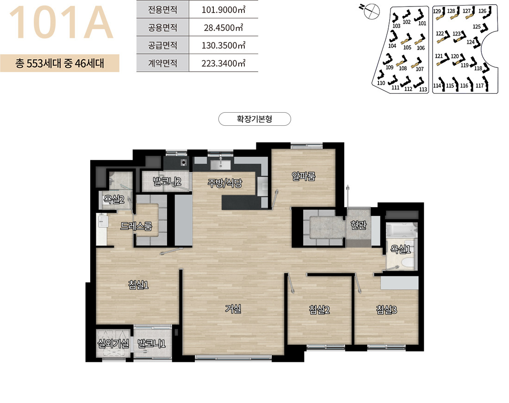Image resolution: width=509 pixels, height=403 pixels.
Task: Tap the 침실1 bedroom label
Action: pos(138,285)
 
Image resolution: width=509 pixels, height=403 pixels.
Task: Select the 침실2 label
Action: pos(319,310)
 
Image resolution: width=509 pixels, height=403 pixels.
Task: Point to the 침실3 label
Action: pos(387,310)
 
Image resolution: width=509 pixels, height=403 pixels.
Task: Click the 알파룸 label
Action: pos(304,176)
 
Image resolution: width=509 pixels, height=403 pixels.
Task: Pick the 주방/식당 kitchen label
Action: pos(224,183)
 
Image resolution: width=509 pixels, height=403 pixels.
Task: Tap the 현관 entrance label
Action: pos(358,225)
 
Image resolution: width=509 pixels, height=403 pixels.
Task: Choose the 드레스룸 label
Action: pos(136,226)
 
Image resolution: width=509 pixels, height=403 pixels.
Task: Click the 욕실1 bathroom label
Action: pos(401,249)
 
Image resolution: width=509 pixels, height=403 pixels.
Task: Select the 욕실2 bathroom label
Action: pos(114,199)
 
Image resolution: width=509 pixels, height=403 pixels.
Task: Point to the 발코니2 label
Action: pos(167,181)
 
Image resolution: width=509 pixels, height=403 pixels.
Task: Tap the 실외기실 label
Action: pos(113,343)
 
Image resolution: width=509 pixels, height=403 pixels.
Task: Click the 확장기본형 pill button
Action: pos(254,119)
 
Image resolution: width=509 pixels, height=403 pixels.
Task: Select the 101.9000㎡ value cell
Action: pos(223,9)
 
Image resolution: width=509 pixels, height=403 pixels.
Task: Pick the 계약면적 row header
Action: pos(162,63)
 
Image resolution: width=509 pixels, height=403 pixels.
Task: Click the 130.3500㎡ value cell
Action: pos(223,45)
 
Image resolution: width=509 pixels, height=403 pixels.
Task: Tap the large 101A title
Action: pos(61,22)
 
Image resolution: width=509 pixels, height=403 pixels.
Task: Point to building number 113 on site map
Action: pos(423,89)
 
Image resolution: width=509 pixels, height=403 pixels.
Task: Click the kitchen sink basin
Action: pos(220,165)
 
